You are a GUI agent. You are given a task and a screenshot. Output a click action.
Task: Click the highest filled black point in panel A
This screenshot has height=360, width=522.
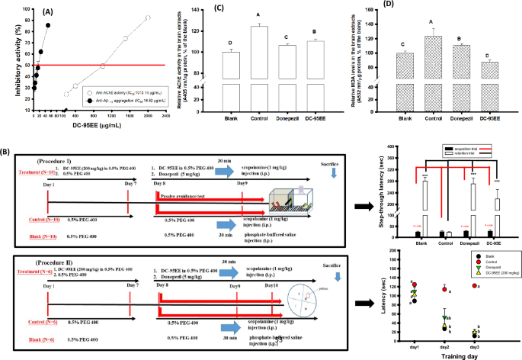47,24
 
